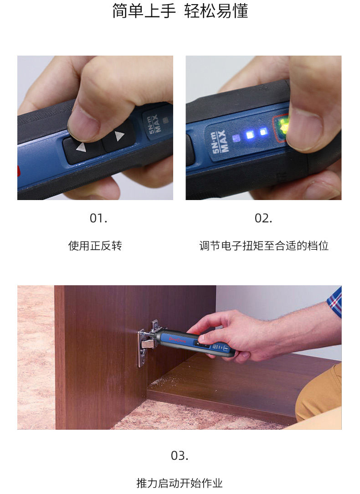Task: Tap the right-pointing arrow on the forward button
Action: point(119,136)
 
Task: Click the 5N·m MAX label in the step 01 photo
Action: point(154,123)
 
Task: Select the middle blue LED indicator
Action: point(250,135)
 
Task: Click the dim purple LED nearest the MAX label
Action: point(236,138)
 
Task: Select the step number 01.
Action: point(98,218)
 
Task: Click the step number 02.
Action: point(263,218)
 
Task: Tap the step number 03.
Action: point(180,455)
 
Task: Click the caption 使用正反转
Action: point(95,246)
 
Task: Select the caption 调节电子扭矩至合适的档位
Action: point(264,246)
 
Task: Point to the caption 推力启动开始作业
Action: point(180,483)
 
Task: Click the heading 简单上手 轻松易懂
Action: point(180,11)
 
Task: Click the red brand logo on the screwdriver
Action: point(178,340)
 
